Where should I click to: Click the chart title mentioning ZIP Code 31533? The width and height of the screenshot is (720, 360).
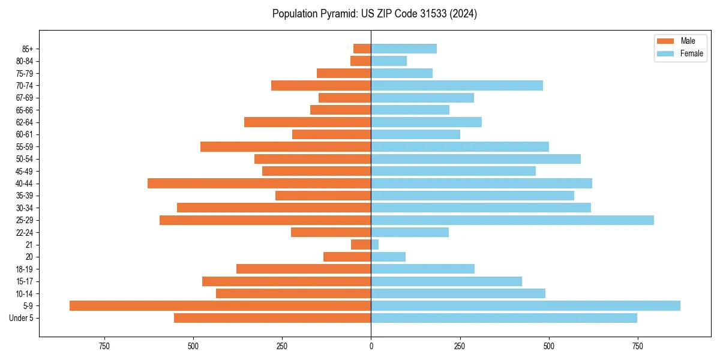(374, 14)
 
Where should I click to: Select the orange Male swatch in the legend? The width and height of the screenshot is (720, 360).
(666, 41)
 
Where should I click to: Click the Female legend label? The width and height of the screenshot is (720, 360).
(691, 53)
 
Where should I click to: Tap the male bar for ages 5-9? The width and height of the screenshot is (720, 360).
(220, 306)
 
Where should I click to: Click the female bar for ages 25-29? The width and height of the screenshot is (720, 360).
(512, 220)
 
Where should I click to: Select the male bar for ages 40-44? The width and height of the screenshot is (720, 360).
(259, 184)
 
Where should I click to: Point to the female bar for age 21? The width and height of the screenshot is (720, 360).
(375, 245)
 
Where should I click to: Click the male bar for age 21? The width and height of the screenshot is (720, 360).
(361, 245)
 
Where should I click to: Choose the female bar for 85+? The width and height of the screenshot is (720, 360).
(404, 49)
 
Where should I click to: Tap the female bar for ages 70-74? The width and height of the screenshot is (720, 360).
(457, 86)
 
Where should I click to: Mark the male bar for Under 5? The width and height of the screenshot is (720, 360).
(272, 318)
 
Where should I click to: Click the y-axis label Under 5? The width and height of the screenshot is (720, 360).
(22, 318)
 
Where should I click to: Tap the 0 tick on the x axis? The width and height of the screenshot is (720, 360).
(371, 346)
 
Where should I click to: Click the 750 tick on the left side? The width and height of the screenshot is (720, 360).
(104, 346)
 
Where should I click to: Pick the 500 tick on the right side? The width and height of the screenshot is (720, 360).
(548, 346)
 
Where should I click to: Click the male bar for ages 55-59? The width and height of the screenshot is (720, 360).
(286, 147)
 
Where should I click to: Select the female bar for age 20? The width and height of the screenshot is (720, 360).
(388, 257)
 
